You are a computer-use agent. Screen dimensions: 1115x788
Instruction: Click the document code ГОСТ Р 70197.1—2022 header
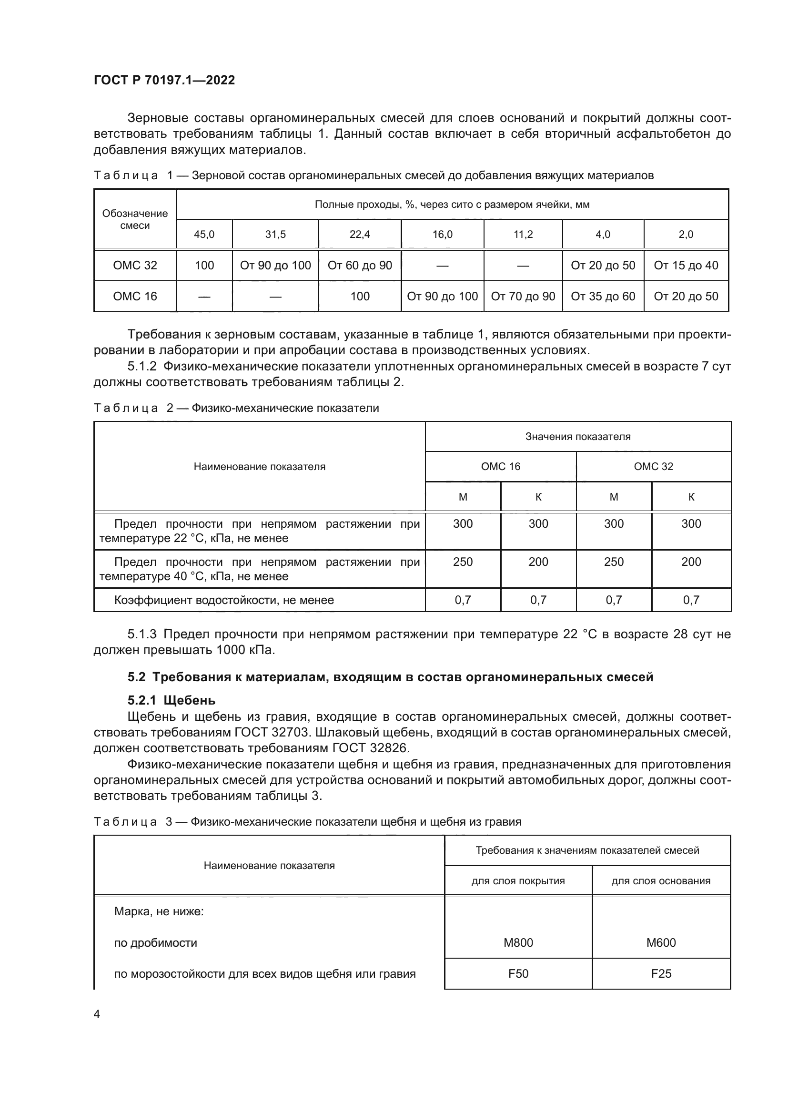coord(164,80)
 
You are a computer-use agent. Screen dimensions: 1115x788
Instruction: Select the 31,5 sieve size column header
coord(275,235)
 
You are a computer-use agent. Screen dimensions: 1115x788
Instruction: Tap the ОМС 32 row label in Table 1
coord(135,265)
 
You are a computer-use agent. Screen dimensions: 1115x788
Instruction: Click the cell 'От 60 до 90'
coord(360,265)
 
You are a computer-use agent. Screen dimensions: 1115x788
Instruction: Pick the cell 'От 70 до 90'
coord(523,296)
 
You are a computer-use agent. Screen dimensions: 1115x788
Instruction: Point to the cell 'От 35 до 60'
coord(603,296)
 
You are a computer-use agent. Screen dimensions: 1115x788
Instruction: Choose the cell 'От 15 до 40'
coord(686,265)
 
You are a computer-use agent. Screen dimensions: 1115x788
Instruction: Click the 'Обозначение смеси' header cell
coord(135,219)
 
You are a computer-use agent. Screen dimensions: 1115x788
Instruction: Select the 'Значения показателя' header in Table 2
coord(577,437)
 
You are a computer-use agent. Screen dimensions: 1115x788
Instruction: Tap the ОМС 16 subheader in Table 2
coord(500,467)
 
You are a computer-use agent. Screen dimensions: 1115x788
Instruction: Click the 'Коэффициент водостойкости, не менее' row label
coord(224,600)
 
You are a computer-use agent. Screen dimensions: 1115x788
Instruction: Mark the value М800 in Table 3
coord(518,943)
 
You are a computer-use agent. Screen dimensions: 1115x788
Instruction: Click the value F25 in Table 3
coord(660,974)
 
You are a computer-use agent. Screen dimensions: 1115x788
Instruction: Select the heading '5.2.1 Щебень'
coord(172,700)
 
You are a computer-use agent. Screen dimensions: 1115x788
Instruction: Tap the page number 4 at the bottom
coord(97,1014)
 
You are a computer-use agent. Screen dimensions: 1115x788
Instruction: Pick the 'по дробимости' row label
coord(155,943)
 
